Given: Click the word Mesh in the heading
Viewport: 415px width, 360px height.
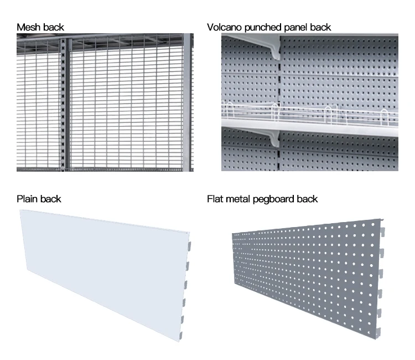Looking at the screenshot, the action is click(x=28, y=27).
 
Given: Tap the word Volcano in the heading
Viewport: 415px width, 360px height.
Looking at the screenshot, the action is click(x=225, y=27).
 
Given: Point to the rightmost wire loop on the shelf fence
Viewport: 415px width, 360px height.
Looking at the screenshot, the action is click(x=384, y=117).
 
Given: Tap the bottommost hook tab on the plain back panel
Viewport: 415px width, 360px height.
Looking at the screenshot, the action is click(x=181, y=336).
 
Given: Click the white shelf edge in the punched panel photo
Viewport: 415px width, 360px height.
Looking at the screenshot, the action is click(x=310, y=127).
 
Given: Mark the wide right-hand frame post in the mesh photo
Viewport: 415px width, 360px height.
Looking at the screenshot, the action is click(x=187, y=102).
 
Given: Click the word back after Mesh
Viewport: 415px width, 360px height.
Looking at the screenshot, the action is click(x=53, y=27).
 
